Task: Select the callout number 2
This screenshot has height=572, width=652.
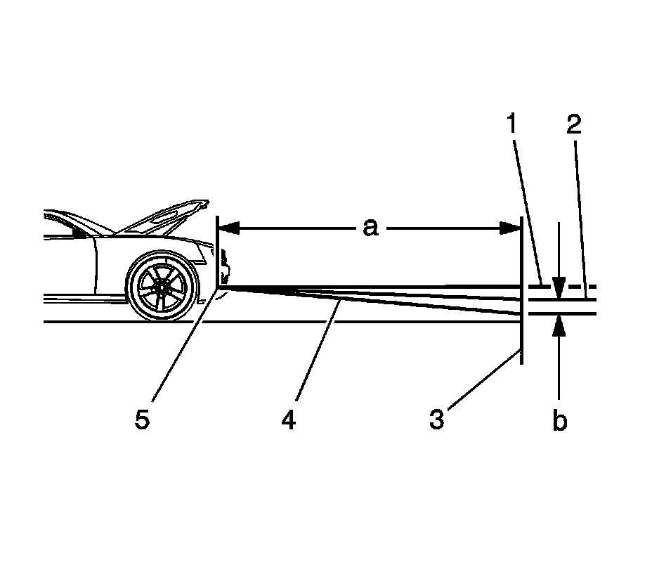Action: point(573,125)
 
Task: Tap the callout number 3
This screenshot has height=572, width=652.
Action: point(437,420)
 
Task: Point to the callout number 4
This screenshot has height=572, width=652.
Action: point(288,420)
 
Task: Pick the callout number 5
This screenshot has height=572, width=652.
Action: point(143,420)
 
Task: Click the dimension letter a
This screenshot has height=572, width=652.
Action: point(370,228)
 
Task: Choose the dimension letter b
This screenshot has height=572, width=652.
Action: point(559,422)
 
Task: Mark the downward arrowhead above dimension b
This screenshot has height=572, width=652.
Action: point(559,288)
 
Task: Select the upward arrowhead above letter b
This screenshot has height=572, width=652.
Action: point(559,325)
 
